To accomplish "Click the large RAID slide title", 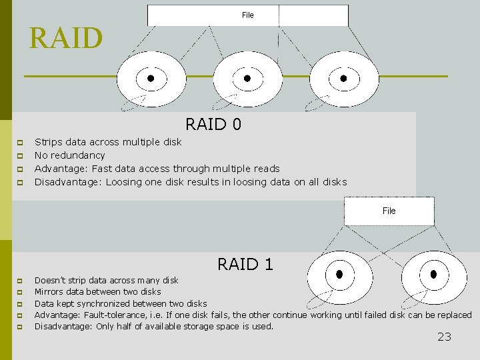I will pos(66,39).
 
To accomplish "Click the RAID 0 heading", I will pos(213,124).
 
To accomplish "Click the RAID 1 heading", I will pos(245,264).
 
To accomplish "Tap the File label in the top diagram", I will pos(247,15).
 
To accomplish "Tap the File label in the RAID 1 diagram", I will pos(389,211).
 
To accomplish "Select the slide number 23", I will pos(444,337).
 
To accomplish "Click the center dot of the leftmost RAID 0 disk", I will pos(151,78).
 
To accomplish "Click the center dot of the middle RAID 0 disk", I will pos(247,78).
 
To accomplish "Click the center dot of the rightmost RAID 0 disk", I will pos(344,78).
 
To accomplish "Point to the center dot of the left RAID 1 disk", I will pos(339,273).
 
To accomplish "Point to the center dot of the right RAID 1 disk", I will pos(434,273).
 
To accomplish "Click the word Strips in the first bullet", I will pos(48,142).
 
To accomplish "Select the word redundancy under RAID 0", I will pos(78,155).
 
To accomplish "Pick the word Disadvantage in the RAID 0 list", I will pos(69,182).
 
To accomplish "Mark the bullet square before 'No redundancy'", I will pos(20,156).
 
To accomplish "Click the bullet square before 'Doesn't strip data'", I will pos(20,281).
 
